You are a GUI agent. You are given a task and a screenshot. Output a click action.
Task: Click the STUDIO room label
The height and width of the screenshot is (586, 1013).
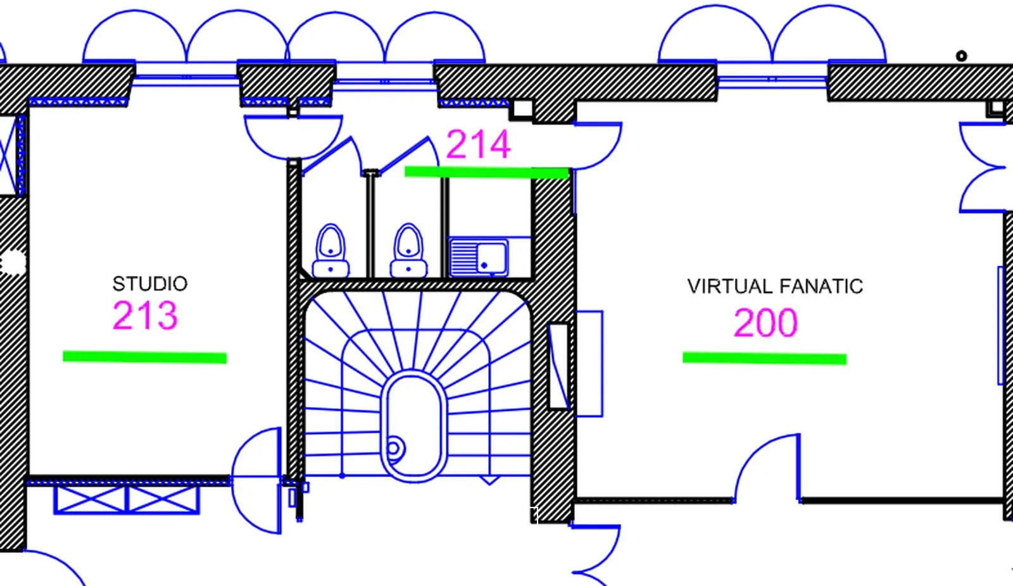[149, 284]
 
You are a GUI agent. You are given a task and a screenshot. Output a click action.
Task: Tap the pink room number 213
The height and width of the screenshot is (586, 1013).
[145, 315]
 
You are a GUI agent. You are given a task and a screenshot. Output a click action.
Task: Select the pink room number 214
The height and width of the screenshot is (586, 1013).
[479, 144]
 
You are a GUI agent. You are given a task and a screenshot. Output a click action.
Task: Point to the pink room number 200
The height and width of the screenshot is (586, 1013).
[765, 322]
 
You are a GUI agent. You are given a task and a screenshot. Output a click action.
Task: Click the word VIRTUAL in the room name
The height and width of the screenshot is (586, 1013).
[729, 287]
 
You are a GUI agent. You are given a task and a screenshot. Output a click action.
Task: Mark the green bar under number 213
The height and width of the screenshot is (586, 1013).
[145, 357]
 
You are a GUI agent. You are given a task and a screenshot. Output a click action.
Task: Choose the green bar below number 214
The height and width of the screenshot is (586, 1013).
[487, 172]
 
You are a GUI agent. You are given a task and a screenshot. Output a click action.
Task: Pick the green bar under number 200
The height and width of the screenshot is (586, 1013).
[764, 358]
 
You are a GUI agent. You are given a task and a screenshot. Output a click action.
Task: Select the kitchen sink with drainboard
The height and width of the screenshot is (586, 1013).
[479, 258]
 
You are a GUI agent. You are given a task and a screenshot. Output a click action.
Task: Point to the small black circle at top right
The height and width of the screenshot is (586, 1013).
[962, 56]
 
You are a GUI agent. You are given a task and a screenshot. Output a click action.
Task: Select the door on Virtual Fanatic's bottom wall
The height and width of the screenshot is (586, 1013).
[767, 468]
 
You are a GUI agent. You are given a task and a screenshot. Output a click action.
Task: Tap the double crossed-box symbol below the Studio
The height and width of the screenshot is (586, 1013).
[127, 500]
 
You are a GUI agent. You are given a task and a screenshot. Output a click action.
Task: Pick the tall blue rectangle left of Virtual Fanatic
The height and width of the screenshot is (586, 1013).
[589, 363]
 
